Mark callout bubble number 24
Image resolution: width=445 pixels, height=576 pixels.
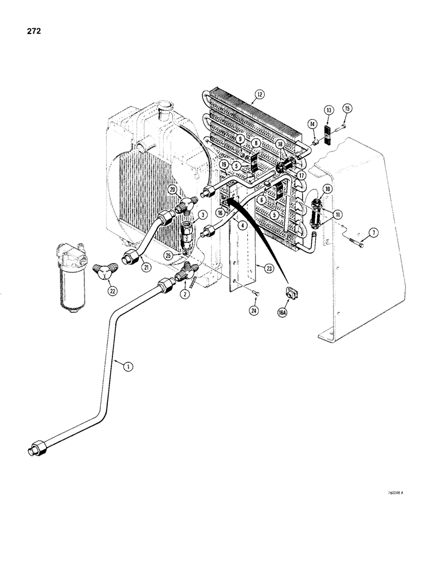tap(254, 311)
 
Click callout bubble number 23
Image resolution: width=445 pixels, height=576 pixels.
tap(267, 267)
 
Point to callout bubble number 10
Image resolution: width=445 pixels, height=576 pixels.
tap(327, 189)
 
